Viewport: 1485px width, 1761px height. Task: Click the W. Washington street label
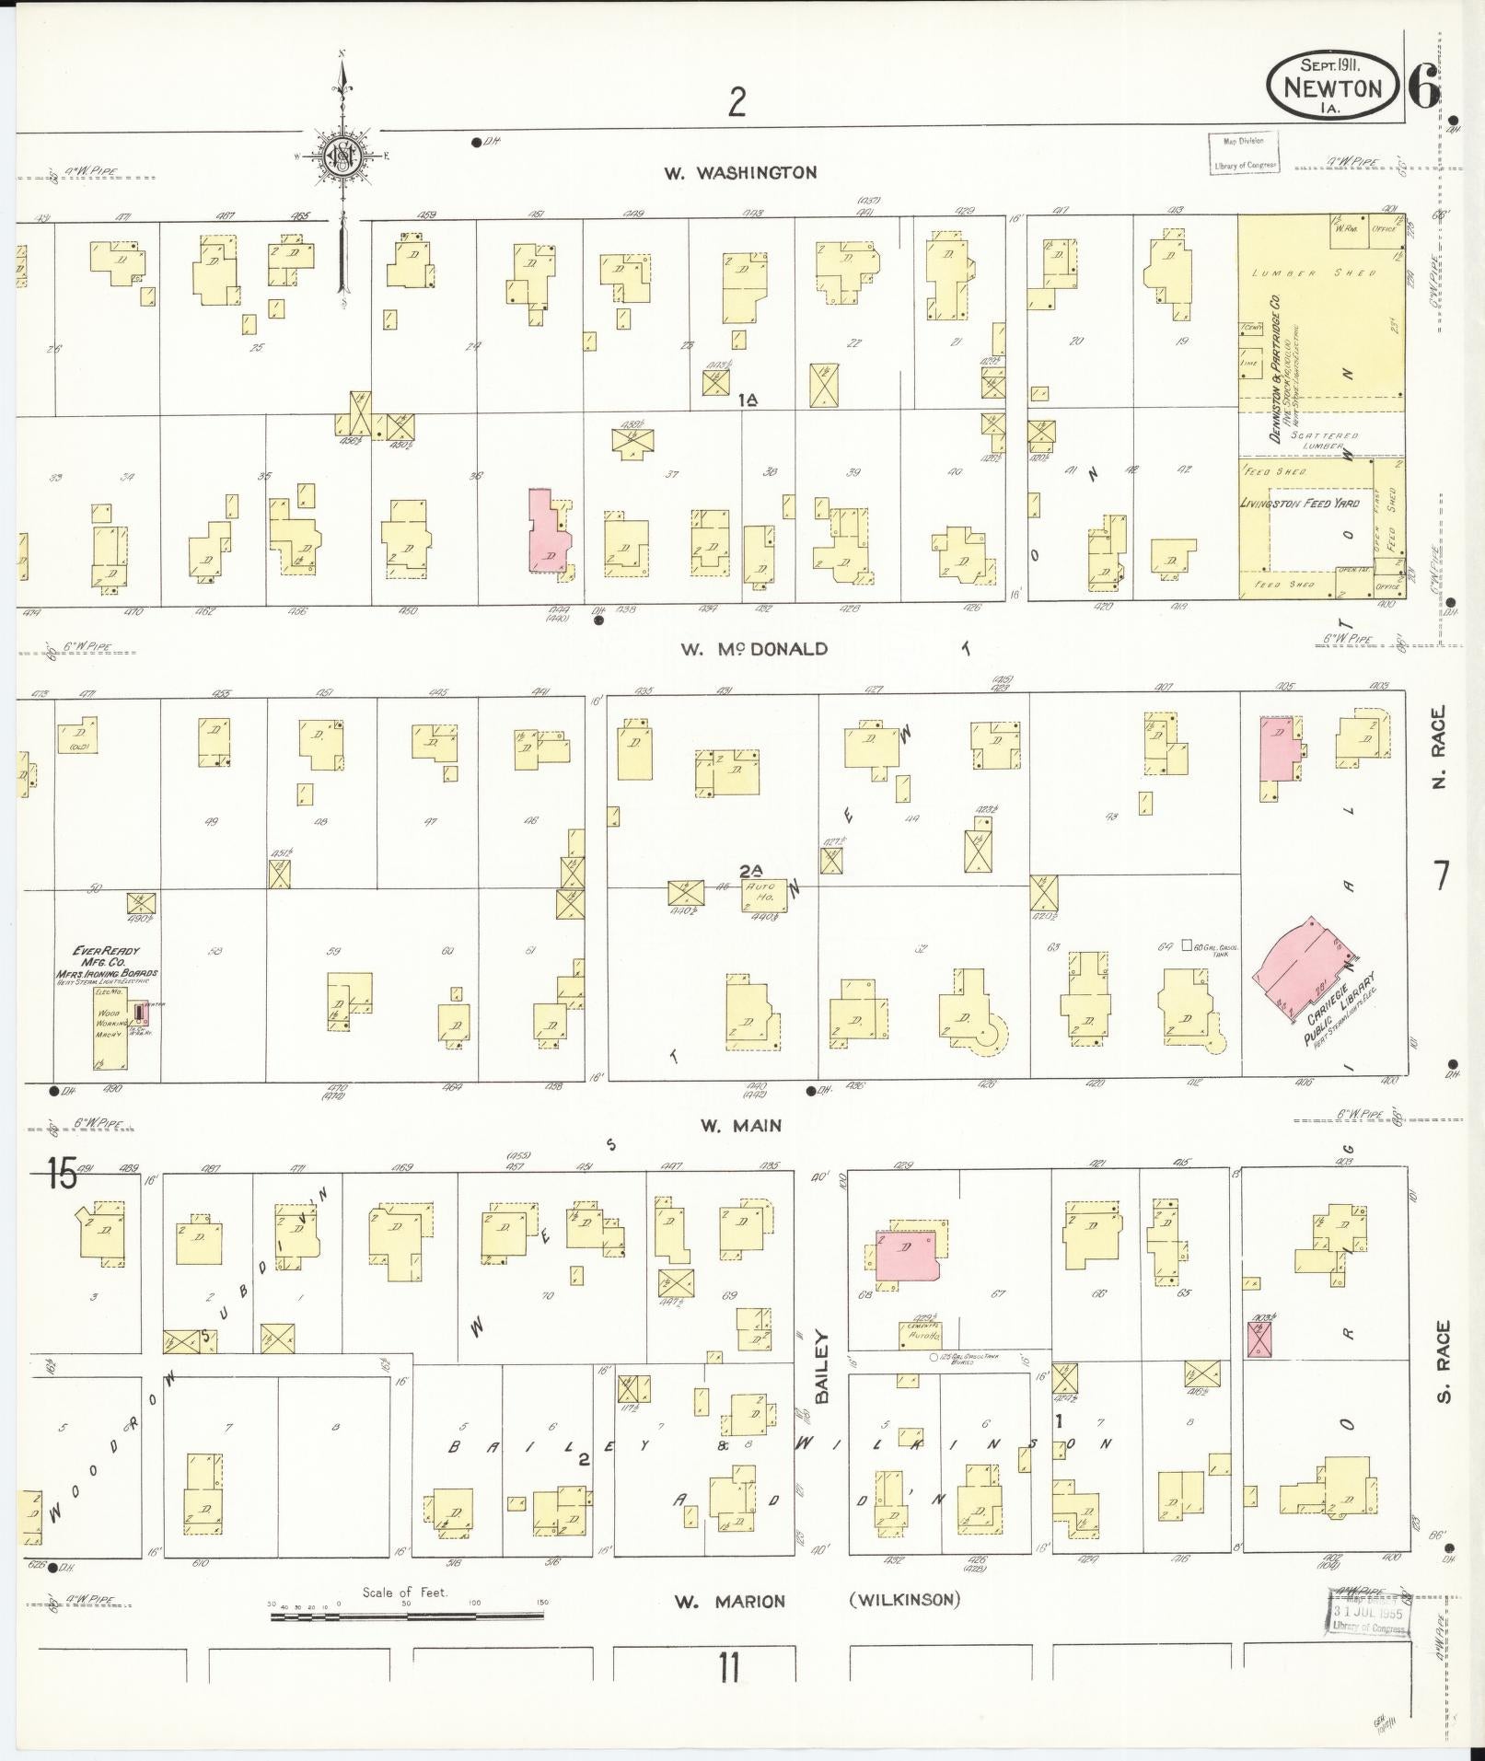click(740, 172)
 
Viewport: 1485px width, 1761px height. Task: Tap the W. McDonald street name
click(754, 649)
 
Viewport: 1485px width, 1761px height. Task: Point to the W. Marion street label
click(729, 1602)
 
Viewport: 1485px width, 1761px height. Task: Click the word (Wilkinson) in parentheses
click(904, 1599)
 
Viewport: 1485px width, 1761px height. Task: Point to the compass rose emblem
click(342, 156)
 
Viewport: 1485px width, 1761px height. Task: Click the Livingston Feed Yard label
click(1298, 504)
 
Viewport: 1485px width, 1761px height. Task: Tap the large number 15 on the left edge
click(63, 1176)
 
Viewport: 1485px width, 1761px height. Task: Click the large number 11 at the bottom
click(729, 1668)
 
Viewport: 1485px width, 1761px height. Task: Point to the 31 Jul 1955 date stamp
click(1366, 1614)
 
